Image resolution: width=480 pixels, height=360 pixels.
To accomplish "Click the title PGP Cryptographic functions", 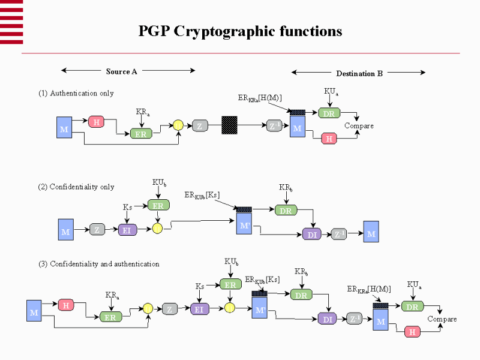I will (240, 31).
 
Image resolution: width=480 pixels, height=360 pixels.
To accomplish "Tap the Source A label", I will (122, 71).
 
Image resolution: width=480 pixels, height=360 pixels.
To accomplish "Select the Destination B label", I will (359, 74).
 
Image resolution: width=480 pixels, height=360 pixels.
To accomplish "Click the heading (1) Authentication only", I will (76, 93).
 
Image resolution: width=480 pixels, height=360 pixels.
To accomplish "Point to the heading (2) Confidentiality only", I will (76, 187).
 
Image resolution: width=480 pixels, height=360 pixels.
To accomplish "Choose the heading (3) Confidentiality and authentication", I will (99, 263).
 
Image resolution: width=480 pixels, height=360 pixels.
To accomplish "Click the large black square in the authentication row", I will (229, 125).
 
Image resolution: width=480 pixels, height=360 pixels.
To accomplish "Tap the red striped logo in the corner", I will (11, 22).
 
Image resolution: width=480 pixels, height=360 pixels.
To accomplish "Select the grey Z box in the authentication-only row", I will (199, 126).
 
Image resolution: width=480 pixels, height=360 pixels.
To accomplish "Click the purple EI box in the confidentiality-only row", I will (127, 230).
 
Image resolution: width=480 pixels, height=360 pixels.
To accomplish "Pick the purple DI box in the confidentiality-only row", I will (312, 235).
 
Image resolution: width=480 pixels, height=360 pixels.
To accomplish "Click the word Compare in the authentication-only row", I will (359, 126).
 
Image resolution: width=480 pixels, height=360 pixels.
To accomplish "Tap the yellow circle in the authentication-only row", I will (178, 125).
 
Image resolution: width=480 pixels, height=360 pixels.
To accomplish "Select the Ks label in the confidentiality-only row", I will (128, 208).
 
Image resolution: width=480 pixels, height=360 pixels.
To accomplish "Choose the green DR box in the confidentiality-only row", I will (286, 210).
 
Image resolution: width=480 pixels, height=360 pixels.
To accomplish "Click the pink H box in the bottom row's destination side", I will (412, 331).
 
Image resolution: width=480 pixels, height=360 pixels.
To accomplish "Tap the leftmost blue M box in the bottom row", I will (34, 312).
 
